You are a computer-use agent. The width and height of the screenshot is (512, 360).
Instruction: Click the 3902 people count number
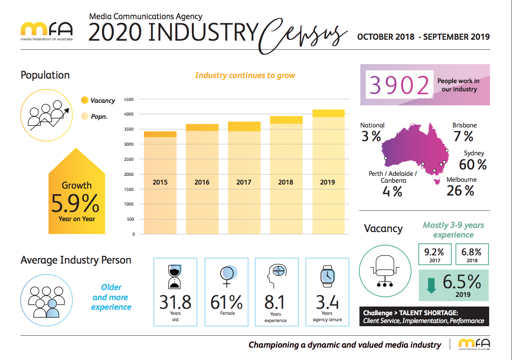[400, 85]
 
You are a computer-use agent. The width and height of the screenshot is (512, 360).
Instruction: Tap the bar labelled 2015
[160, 183]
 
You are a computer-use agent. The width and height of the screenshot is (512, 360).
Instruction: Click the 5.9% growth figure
[75, 204]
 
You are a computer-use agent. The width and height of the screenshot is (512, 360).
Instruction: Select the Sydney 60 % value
[473, 164]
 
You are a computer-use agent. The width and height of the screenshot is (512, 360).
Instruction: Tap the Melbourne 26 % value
[460, 191]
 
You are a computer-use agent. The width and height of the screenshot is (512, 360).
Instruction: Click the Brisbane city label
[464, 125]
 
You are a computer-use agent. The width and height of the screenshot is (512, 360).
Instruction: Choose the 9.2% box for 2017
[434, 254]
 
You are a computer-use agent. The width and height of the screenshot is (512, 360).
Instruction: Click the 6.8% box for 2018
[472, 254]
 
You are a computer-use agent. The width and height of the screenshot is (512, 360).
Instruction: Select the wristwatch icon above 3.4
[327, 275]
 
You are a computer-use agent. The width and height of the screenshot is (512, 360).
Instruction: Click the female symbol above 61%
[227, 274]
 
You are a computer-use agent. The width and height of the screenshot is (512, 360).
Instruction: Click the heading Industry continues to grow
[245, 75]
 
